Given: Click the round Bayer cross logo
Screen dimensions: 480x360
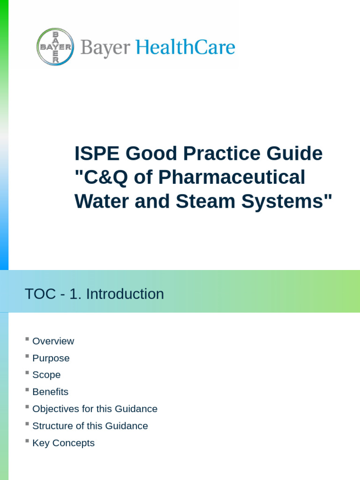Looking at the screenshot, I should pos(55,47).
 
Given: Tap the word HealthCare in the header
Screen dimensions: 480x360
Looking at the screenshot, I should pos(185,47).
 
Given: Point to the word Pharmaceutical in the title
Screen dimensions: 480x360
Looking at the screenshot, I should pos(232,177).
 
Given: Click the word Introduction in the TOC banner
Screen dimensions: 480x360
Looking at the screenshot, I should pos(125,294).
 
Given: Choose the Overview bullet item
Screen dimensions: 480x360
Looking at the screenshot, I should pos(53,341).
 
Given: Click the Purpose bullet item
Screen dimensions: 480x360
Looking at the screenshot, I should pos(51,358).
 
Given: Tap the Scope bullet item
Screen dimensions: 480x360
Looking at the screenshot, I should pos(46,375).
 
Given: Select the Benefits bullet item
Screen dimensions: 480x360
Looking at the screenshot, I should pos(50,392).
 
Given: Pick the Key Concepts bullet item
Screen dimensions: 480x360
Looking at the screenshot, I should pos(63,443).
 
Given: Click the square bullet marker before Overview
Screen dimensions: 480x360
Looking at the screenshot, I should pos(27,339).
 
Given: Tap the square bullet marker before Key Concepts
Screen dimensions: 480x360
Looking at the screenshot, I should pos(27,441).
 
